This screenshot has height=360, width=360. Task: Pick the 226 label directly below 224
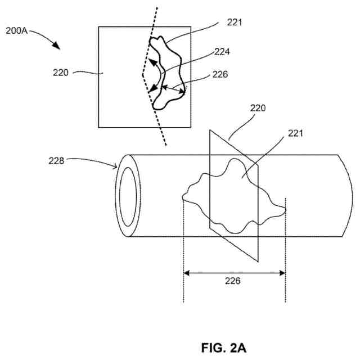220,73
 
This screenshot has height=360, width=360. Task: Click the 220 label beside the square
61,73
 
